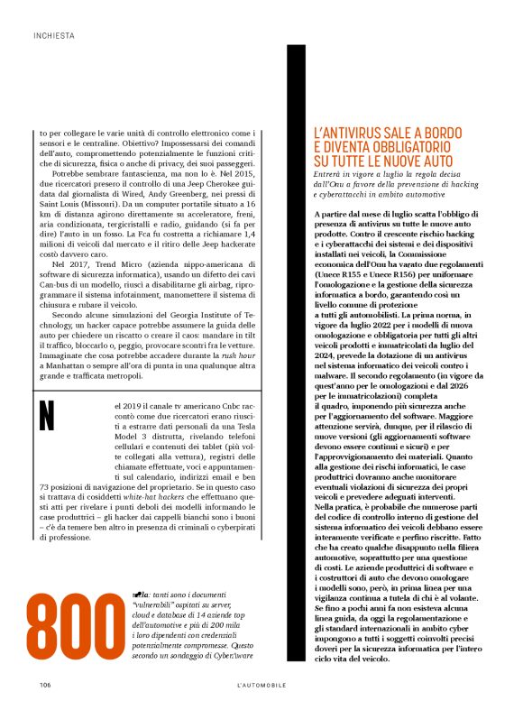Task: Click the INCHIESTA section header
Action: pos(53,37)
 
